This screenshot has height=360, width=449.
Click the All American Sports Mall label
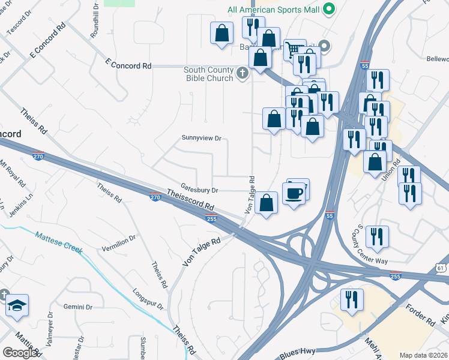(x=273, y=10)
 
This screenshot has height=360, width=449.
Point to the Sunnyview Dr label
(x=202, y=138)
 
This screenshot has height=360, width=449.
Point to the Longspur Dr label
(x=148, y=300)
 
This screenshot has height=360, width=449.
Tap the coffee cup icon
(x=294, y=193)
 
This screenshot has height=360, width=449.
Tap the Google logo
(x=19, y=353)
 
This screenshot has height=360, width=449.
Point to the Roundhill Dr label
(x=95, y=21)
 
